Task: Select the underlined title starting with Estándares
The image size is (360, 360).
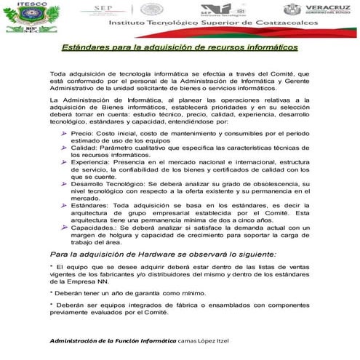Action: click(x=179, y=47)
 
